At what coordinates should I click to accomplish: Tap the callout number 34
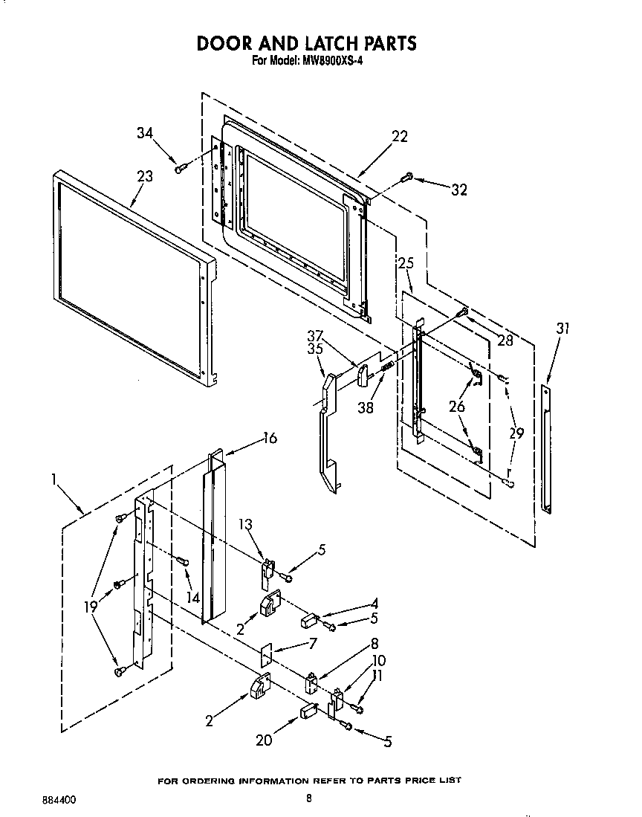(x=146, y=134)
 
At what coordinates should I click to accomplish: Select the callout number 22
(x=400, y=137)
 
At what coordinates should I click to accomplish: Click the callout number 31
(x=563, y=329)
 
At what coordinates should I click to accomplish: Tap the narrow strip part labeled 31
(x=546, y=449)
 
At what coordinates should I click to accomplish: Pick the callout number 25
(x=406, y=263)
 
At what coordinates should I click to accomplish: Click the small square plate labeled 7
(x=266, y=653)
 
